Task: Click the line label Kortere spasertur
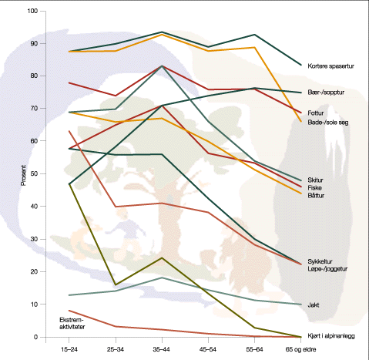[x=332, y=66]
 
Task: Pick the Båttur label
[x=317, y=195]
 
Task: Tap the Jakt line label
[x=314, y=305]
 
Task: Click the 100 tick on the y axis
[x=31, y=11]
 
